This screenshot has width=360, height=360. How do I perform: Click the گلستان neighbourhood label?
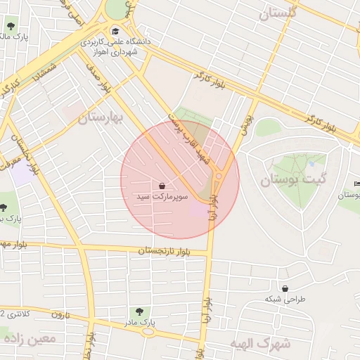pyautogui.click(x=278, y=13)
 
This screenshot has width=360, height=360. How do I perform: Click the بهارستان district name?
pyautogui.click(x=100, y=117)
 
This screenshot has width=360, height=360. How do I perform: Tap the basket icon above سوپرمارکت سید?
pyautogui.click(x=162, y=186)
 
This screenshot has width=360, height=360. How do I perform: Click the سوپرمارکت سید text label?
pyautogui.click(x=162, y=198)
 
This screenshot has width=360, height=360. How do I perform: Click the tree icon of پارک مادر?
pyautogui.click(x=139, y=311)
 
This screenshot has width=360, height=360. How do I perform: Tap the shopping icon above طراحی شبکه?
pyautogui.click(x=285, y=288)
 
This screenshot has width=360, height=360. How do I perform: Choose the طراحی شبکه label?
pyautogui.click(x=285, y=300)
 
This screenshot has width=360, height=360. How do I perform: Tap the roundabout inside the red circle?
pyautogui.click(x=219, y=176)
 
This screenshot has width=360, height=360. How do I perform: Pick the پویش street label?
pyautogui.click(x=246, y=126)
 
